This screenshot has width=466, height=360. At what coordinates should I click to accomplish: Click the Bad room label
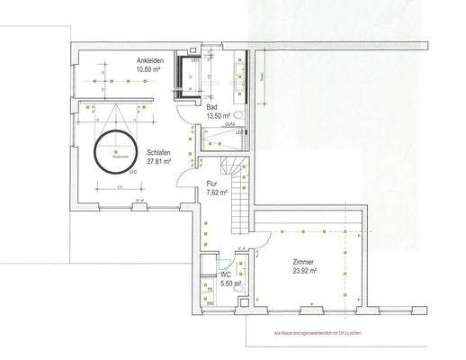212,107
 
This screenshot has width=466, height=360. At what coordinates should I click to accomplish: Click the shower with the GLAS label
221,138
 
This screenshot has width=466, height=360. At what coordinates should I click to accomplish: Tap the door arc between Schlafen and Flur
185,184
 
